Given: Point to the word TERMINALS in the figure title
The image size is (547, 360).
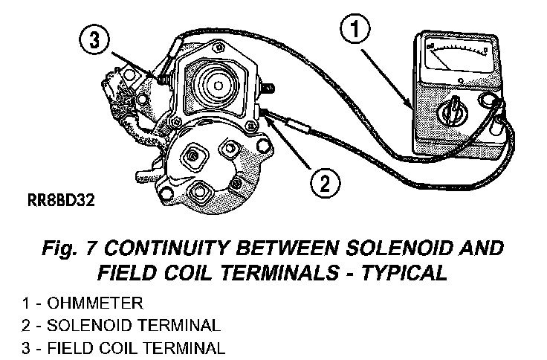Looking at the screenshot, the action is click(x=265, y=272).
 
